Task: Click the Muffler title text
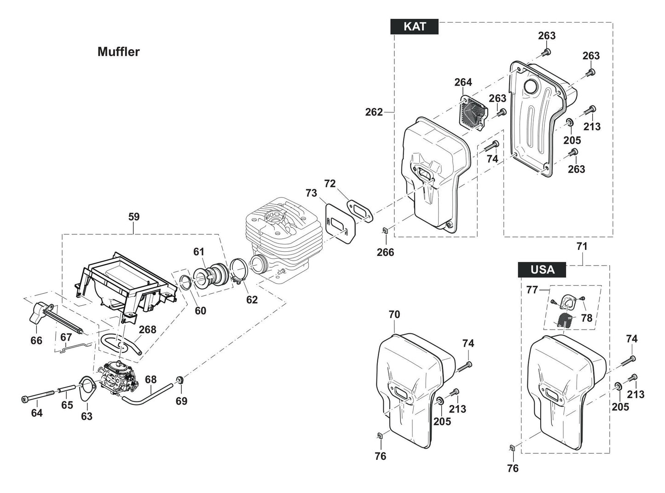118,52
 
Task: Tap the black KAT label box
414,27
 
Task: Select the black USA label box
542,270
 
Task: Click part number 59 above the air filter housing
134,216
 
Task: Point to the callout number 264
463,82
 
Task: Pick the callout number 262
374,112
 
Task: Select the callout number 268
147,330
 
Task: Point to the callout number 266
385,252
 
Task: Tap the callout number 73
311,193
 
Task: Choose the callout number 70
394,315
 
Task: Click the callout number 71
582,246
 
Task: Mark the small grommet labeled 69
180,381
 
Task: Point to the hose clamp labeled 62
238,271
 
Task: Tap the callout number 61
198,251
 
